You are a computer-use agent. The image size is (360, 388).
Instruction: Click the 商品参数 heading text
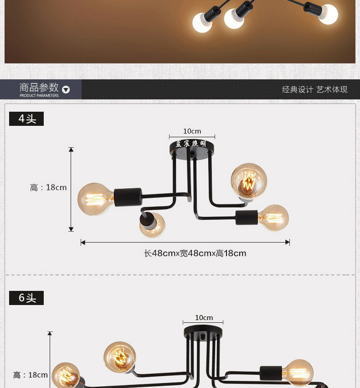(x=39, y=87)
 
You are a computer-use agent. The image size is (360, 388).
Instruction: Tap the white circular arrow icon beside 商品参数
(x=66, y=89)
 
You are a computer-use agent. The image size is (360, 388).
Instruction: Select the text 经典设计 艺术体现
(x=314, y=89)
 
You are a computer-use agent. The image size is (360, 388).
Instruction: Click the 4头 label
(x=27, y=119)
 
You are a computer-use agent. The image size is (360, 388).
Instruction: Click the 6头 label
(x=27, y=298)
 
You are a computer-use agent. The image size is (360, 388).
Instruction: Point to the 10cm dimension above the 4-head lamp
(x=192, y=131)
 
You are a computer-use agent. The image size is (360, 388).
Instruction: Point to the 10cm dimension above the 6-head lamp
(x=204, y=317)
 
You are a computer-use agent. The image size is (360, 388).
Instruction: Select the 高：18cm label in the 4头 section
(x=48, y=187)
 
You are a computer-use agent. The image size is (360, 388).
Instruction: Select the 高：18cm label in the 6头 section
(x=30, y=375)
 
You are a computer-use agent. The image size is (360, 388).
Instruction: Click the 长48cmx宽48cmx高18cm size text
(x=195, y=253)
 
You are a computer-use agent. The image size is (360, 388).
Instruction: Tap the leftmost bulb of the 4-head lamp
(x=95, y=199)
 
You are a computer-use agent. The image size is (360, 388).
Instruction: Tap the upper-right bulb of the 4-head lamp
(x=248, y=180)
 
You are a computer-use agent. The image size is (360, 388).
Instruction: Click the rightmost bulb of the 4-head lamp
(x=273, y=217)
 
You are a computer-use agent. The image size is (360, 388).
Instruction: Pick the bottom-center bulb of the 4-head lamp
(x=152, y=225)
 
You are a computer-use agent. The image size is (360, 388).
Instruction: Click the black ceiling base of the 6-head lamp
(x=203, y=331)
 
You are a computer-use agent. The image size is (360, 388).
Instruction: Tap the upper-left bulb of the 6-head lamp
(x=119, y=357)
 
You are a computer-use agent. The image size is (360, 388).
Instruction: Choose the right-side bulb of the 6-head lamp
(x=297, y=373)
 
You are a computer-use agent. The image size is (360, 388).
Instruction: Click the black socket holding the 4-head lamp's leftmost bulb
(x=128, y=197)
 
